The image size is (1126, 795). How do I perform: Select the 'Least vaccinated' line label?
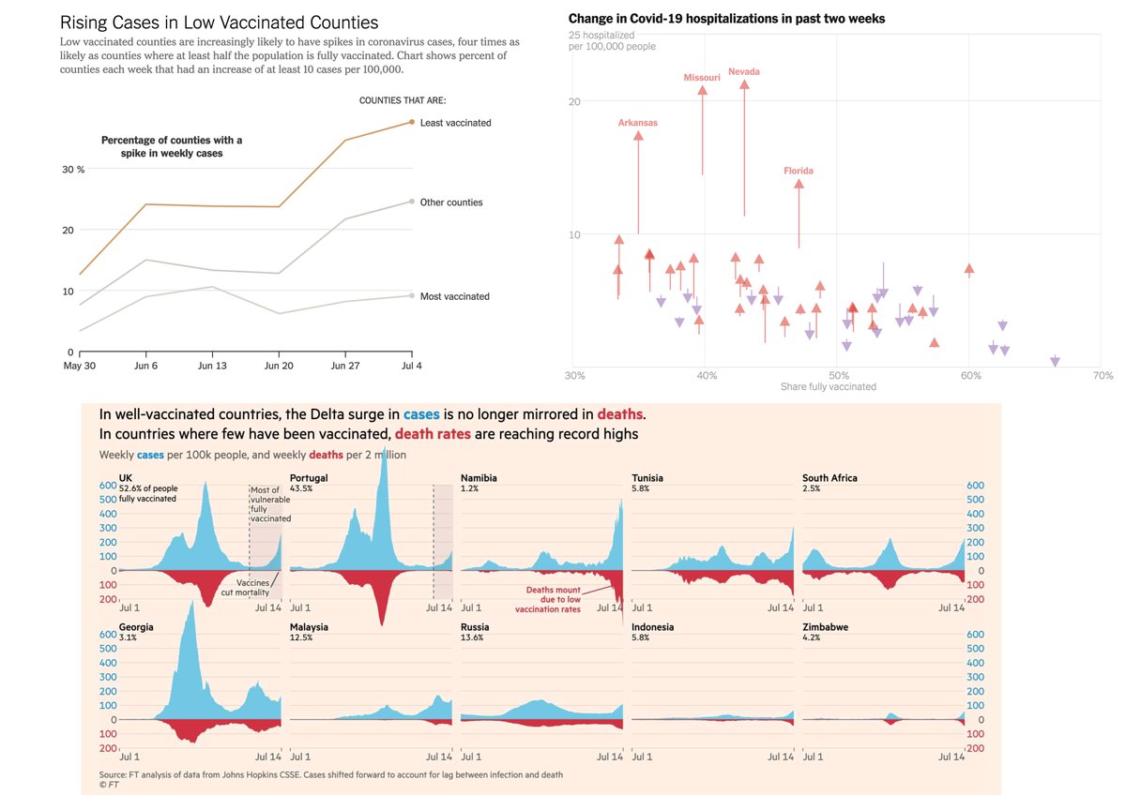pos(455,123)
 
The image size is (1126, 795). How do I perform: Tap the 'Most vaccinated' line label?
pos(454,296)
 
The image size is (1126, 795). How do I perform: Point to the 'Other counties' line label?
pos(451,202)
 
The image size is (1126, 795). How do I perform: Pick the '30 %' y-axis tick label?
pos(73,170)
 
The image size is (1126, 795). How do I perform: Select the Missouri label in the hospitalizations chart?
pos(702,78)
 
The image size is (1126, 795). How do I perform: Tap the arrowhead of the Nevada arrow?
pos(744,84)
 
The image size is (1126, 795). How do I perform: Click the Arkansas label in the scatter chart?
pos(638,123)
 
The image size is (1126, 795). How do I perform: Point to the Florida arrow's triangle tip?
pos(799,184)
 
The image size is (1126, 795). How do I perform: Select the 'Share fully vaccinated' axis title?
pos(829,386)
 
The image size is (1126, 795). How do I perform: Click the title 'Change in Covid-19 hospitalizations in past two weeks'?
pos(726,19)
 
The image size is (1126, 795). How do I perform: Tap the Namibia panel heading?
pos(479,478)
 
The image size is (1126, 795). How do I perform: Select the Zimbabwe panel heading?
pos(826,627)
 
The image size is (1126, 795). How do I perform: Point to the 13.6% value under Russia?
pos(472,637)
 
